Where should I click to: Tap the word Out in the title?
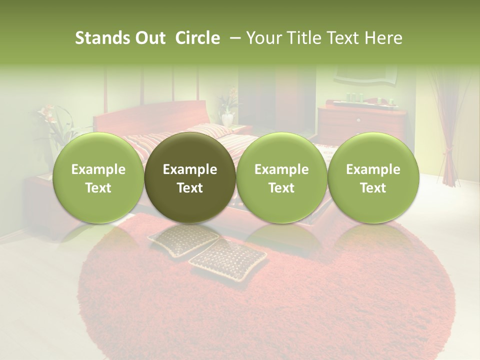coord(149,38)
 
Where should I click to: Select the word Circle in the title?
coord(197,38)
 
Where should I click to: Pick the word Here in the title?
coord(383,38)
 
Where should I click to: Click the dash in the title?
coord(232,38)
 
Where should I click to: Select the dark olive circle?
coord(190,177)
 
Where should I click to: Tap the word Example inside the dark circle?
coord(190,169)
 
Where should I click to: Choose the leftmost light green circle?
coord(98,177)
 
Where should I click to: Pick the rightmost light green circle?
coord(373,177)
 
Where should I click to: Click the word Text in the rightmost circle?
coord(373,187)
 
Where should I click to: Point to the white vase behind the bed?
coord(227,118)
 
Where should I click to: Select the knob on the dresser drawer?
coord(358,120)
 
